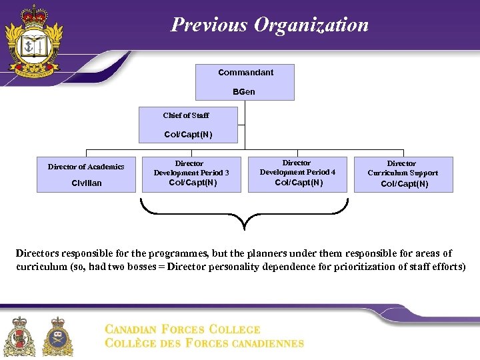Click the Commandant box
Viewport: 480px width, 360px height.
click(x=245, y=81)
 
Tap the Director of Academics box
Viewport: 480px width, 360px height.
click(x=86, y=174)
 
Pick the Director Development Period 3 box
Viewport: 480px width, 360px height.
click(x=191, y=174)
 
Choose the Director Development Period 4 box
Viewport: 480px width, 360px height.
click(x=297, y=174)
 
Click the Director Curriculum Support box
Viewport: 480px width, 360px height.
click(x=403, y=174)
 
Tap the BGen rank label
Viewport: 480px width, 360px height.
click(x=244, y=91)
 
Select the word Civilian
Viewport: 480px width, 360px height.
click(x=87, y=183)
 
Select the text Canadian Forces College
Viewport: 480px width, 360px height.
click(x=183, y=329)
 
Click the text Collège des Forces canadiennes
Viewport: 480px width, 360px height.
click(x=205, y=343)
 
